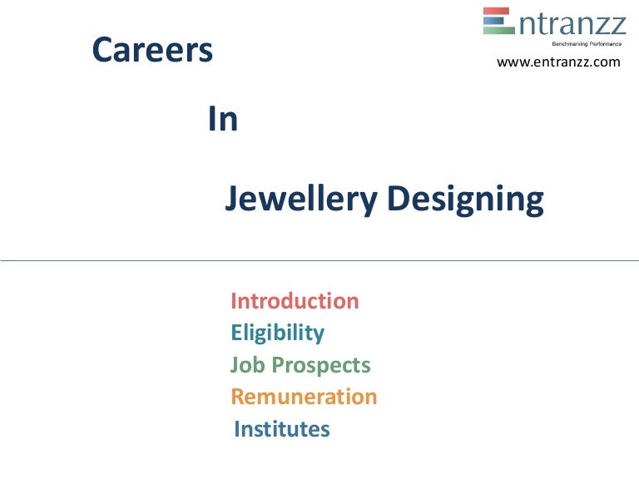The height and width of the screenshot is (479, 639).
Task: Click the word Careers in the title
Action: coord(152,52)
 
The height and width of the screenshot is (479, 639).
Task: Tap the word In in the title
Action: coord(222,121)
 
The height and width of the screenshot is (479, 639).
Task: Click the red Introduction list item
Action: coord(295,301)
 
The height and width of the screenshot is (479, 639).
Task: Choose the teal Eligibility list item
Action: coord(277,333)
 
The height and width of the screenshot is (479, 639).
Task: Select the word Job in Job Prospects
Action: coord(246,365)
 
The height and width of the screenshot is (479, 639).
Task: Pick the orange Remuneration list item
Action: coord(304,397)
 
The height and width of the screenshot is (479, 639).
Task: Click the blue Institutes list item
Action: coord(282,429)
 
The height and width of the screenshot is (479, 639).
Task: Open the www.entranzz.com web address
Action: coord(558,62)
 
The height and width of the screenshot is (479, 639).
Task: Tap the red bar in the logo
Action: coord(498,11)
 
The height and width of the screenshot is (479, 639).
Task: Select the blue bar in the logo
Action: coord(498,21)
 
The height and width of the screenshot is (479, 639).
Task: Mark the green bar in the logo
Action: coord(498,31)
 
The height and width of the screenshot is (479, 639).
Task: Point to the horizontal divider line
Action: coord(319,260)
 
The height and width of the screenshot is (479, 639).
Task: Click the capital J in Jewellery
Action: coord(233,200)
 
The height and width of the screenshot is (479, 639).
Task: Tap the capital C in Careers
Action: coord(102,52)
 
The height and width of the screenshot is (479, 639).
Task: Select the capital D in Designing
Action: coord(398,200)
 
